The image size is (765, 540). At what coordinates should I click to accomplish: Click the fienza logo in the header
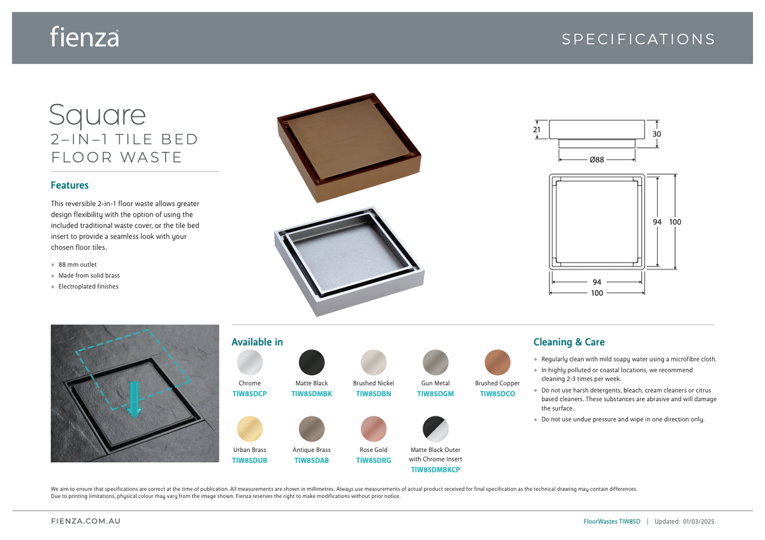click(x=84, y=36)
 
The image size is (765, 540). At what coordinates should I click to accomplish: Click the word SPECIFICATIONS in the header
click(x=638, y=39)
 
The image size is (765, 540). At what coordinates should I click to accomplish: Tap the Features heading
click(x=69, y=185)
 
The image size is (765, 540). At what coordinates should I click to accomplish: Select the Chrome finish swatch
click(x=250, y=362)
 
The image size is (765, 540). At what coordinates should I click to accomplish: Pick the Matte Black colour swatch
click(x=312, y=362)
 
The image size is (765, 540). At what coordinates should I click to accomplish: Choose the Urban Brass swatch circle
click(x=250, y=429)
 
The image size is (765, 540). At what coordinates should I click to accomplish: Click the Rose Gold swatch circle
click(x=374, y=429)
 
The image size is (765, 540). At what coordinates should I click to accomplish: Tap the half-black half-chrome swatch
click(x=435, y=429)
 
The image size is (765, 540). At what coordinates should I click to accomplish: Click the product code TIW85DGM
click(x=435, y=394)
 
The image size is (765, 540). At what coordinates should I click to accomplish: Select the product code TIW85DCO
click(x=497, y=394)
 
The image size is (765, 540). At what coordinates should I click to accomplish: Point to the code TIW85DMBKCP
click(x=435, y=470)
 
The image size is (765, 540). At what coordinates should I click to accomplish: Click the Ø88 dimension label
click(x=597, y=159)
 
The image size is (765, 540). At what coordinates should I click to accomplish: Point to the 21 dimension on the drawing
click(x=537, y=130)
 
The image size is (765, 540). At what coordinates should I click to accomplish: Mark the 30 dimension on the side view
click(x=657, y=134)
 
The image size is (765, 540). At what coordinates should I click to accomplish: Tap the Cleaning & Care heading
click(x=569, y=342)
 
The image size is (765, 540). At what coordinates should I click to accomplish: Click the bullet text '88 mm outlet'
click(x=78, y=265)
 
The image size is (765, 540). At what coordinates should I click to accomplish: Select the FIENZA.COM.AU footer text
click(x=85, y=521)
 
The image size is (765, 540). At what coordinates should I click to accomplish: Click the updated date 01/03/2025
click(x=699, y=522)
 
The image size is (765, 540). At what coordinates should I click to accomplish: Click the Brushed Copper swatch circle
click(x=497, y=362)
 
